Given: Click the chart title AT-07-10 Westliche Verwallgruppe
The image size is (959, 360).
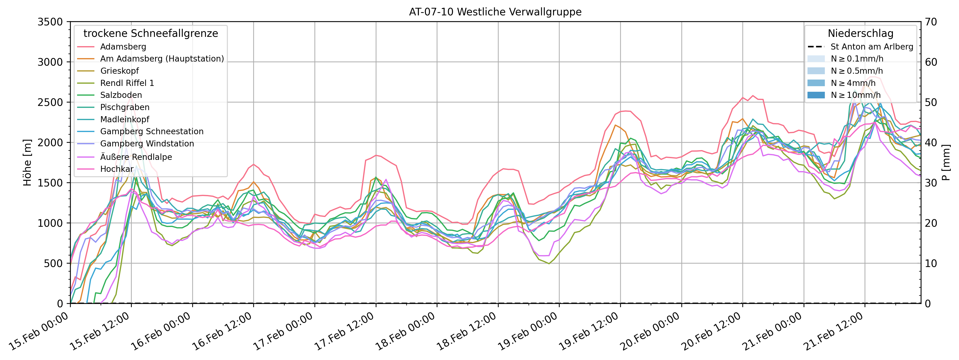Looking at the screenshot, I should [x=495, y=12].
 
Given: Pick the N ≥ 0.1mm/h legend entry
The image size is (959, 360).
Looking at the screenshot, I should [x=857, y=59].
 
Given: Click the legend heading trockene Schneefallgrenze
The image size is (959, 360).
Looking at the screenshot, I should [x=151, y=33].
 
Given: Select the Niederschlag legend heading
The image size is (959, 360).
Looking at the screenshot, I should [x=860, y=33].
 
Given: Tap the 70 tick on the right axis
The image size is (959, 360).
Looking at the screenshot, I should [x=931, y=22].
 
